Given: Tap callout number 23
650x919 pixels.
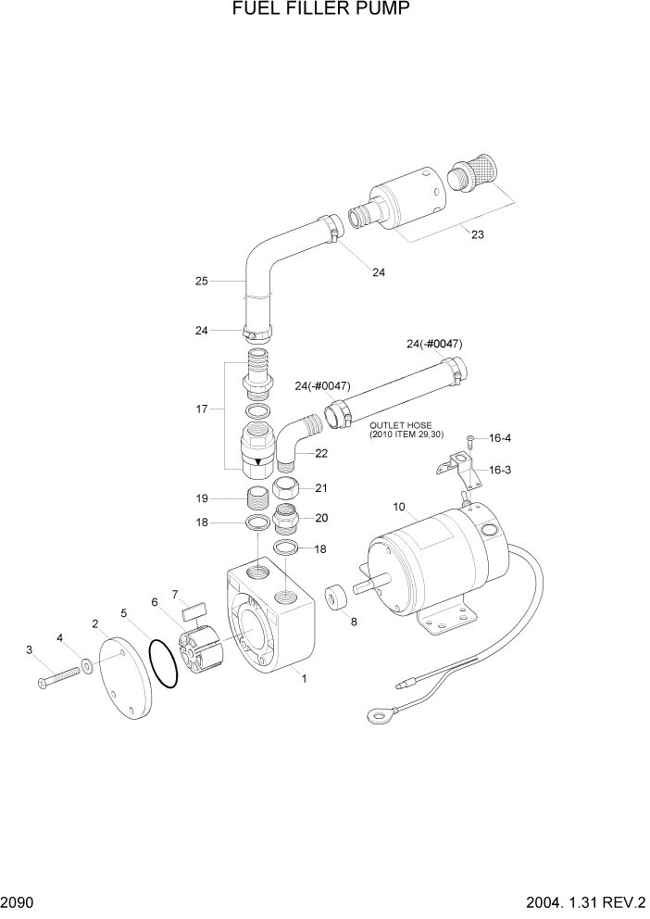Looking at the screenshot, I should (477, 234).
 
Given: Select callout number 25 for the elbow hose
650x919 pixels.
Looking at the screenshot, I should (201, 280).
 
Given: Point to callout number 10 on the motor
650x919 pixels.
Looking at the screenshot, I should (399, 507).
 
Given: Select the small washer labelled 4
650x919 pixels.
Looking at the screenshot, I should (85, 665).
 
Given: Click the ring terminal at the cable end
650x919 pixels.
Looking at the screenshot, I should (378, 714).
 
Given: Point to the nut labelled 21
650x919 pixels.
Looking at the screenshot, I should (285, 489).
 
